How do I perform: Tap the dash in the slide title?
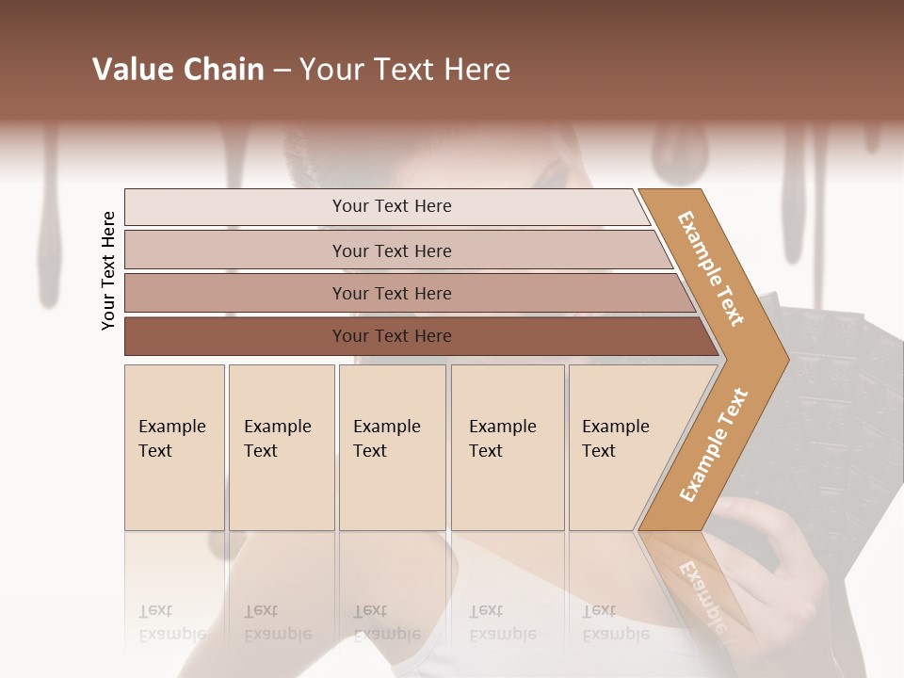pyautogui.click(x=282, y=71)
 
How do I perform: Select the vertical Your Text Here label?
pyautogui.click(x=108, y=270)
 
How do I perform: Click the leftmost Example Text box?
pyautogui.click(x=174, y=446)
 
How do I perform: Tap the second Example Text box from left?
pyautogui.click(x=281, y=446)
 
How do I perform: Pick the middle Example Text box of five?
pyautogui.click(x=392, y=446)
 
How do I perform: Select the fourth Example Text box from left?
pyautogui.click(x=508, y=446)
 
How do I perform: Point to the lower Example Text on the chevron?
pyautogui.click(x=714, y=444)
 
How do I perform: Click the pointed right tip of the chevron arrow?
pyautogui.click(x=785, y=359)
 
